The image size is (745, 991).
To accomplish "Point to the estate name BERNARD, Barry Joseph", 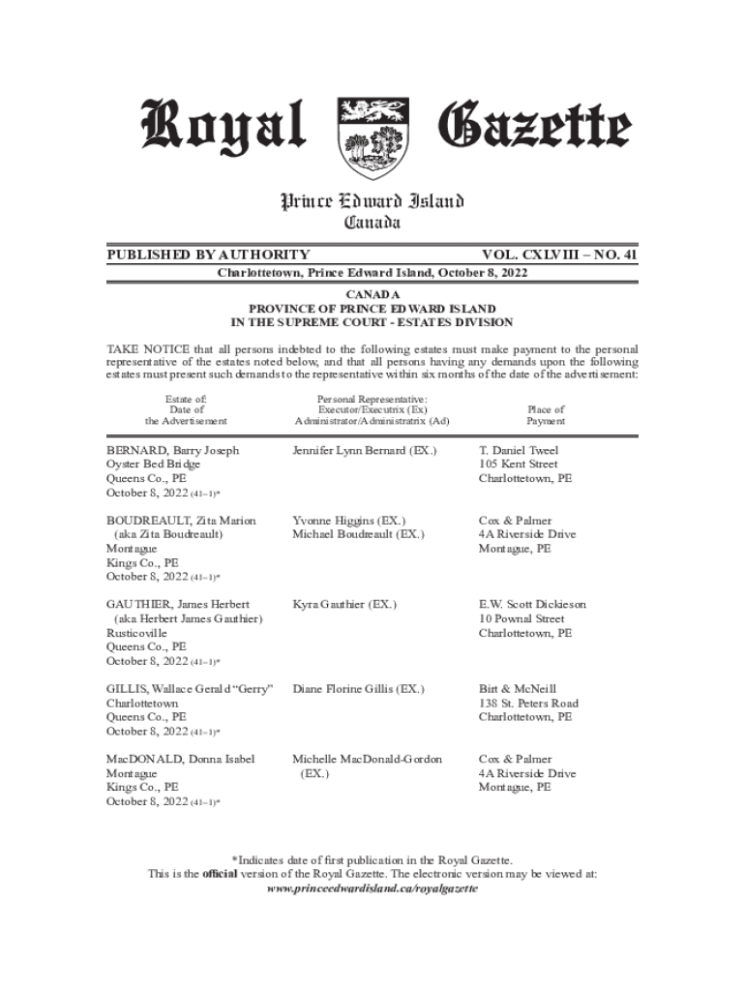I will click(x=173, y=451).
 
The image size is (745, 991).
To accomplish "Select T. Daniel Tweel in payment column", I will click(x=519, y=451).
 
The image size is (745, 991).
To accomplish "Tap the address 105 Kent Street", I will click(x=519, y=465).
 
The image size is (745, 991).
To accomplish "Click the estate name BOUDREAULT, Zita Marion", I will click(x=181, y=521).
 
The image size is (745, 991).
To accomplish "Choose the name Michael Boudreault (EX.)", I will click(x=358, y=534).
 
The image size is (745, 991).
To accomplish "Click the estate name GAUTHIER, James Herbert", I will click(x=178, y=605).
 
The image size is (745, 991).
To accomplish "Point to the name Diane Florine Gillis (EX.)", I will click(x=358, y=689).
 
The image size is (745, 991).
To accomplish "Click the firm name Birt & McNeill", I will click(x=518, y=689).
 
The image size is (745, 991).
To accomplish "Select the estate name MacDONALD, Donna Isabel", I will click(x=181, y=760).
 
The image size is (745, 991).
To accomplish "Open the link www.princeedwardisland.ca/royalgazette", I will click(x=372, y=887).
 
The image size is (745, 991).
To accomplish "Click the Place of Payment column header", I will click(x=546, y=415).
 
